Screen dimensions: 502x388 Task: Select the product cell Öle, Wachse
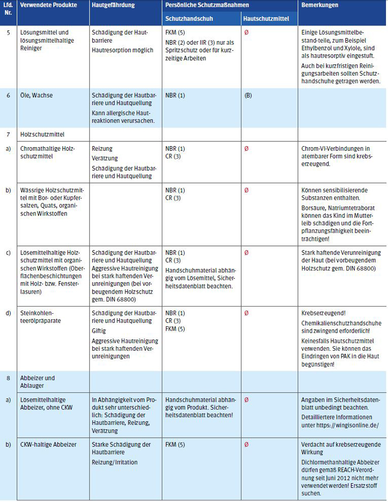(36, 96)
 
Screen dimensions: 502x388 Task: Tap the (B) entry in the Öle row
(248, 96)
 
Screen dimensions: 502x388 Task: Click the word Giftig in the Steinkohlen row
(100, 332)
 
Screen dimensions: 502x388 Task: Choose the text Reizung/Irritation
(116, 461)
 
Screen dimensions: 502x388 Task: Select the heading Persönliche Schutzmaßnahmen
(207, 5)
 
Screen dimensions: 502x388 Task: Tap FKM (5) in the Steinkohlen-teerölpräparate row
(175, 329)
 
